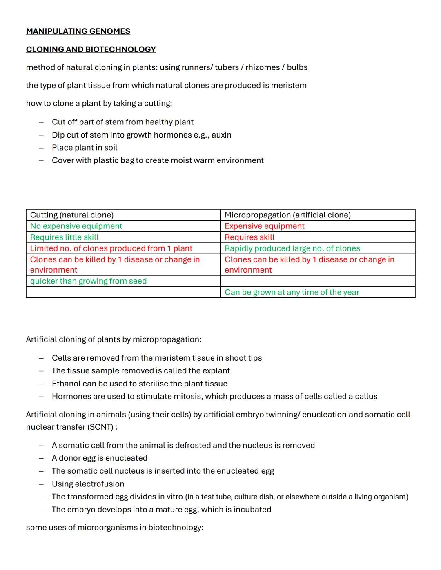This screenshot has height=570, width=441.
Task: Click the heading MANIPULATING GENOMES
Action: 78,31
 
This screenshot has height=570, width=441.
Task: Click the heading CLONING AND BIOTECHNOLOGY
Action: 91,49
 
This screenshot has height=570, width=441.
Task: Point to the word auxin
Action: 221,135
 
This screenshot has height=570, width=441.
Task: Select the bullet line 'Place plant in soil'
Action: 85,148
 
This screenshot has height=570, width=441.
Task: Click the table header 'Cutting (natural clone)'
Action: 72,215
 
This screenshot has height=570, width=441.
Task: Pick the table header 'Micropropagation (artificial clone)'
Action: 287,215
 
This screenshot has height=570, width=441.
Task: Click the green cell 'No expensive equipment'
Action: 76,226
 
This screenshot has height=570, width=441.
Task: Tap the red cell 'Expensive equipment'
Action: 265,226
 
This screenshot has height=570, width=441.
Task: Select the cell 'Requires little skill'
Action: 64,237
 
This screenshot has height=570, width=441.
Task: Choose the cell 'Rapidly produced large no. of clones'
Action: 292,248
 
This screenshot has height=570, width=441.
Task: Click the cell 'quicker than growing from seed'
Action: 88,281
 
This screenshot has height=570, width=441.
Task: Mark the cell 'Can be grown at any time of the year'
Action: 292,292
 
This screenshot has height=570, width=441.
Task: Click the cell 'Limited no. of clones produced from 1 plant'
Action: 111,248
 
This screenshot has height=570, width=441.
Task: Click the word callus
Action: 365,396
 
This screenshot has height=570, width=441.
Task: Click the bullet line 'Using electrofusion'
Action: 88,484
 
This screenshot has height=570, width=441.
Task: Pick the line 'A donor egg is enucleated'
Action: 100,458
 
